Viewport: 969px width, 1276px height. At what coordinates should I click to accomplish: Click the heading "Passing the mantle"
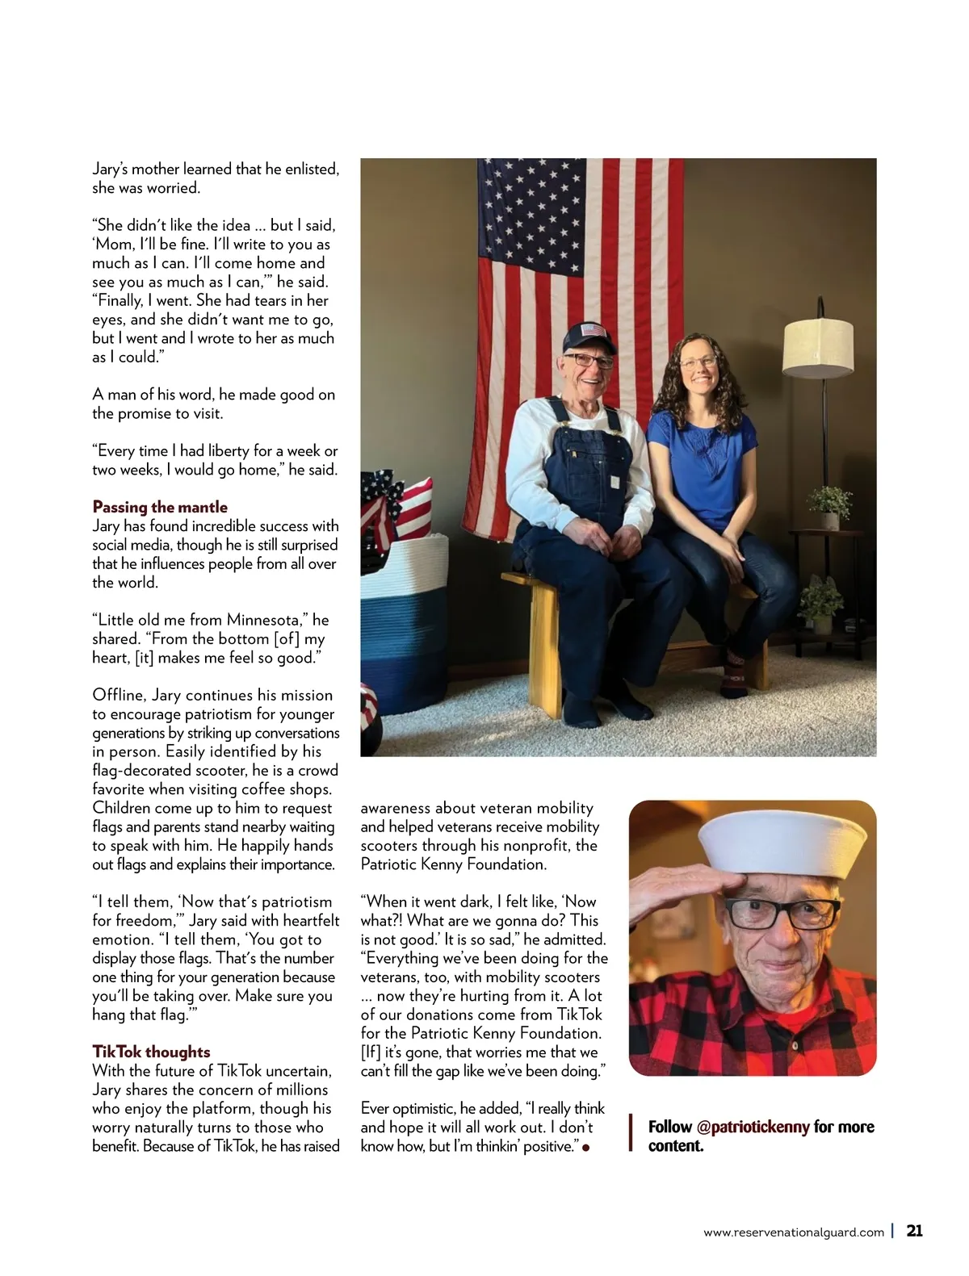[160, 507]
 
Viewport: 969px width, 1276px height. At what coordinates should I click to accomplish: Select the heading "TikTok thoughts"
[151, 1052]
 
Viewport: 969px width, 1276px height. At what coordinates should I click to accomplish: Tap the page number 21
[914, 1231]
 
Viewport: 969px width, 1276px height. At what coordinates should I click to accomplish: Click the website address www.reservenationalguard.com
[793, 1232]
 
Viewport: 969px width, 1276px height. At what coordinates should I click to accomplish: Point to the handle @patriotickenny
[753, 1127]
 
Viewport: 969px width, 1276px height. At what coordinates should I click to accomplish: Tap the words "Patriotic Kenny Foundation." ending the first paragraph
[453, 864]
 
